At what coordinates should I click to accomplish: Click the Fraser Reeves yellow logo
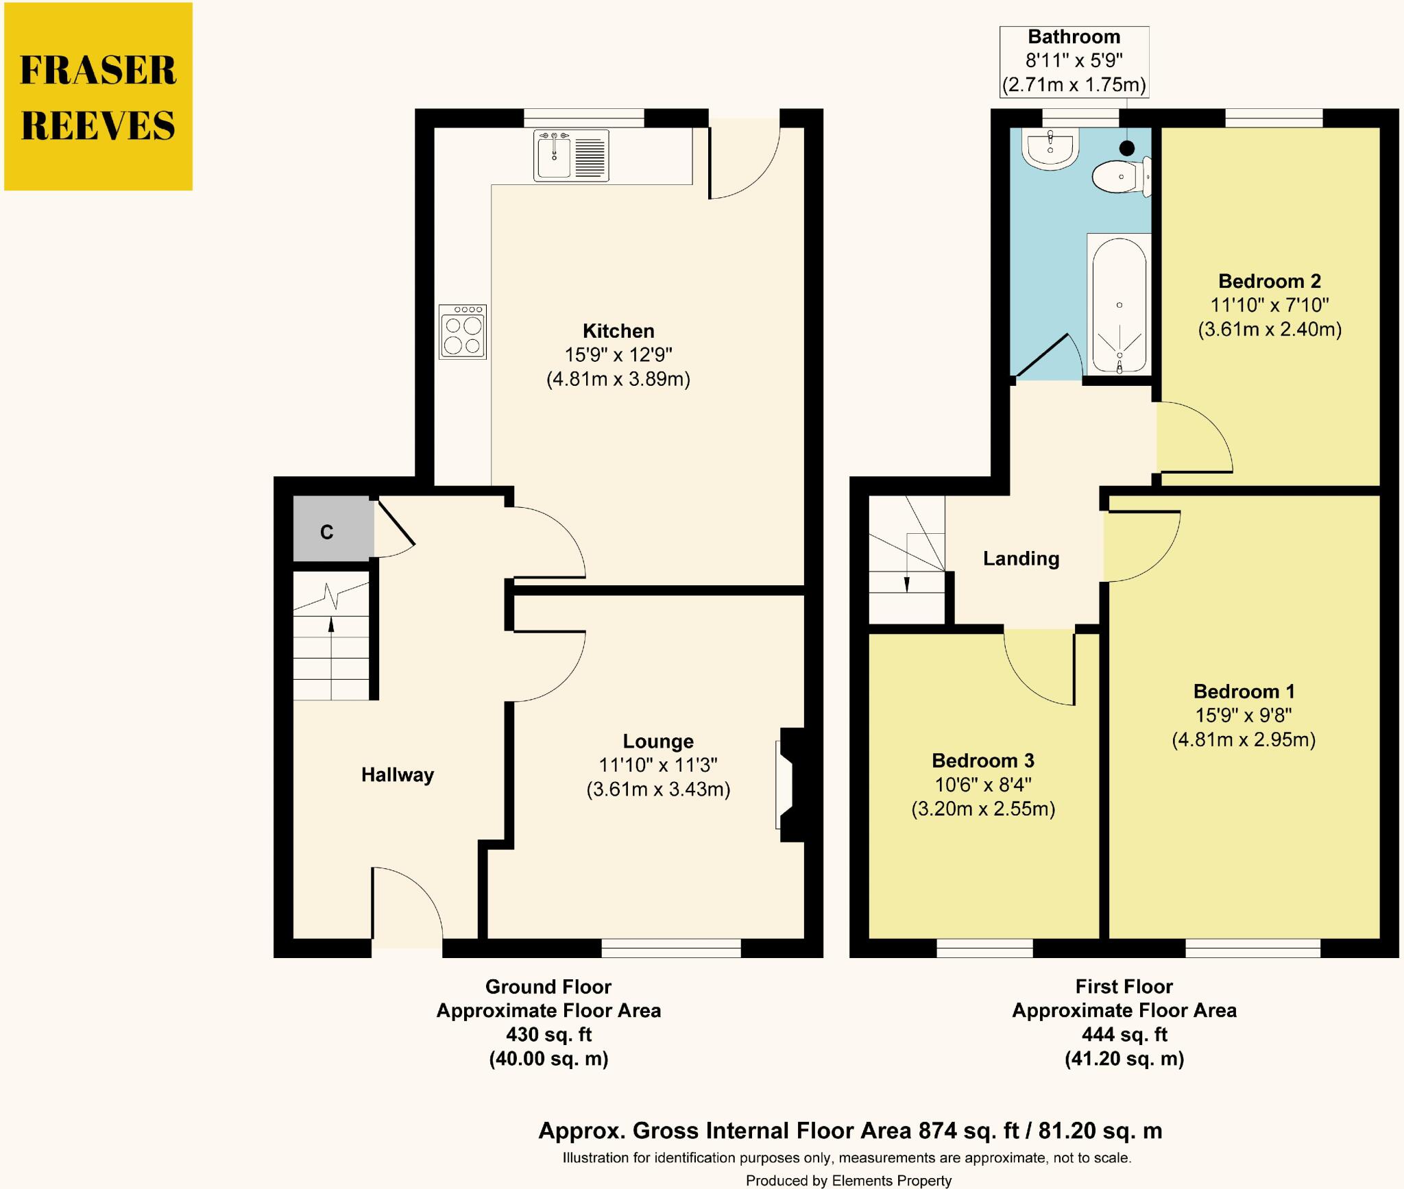[98, 97]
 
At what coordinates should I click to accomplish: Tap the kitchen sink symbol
[570, 157]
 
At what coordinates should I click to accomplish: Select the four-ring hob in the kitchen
[463, 332]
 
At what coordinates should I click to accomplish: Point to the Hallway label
[398, 774]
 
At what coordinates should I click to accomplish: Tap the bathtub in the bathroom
[1118, 305]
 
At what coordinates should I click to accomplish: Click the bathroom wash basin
[1049, 148]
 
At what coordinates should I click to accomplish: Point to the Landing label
[1021, 559]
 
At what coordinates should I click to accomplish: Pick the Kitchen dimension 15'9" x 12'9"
[618, 355]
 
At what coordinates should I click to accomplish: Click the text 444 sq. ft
[1124, 1034]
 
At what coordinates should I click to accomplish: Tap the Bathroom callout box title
[1074, 37]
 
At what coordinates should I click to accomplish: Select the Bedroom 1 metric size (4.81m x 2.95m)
[1244, 739]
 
